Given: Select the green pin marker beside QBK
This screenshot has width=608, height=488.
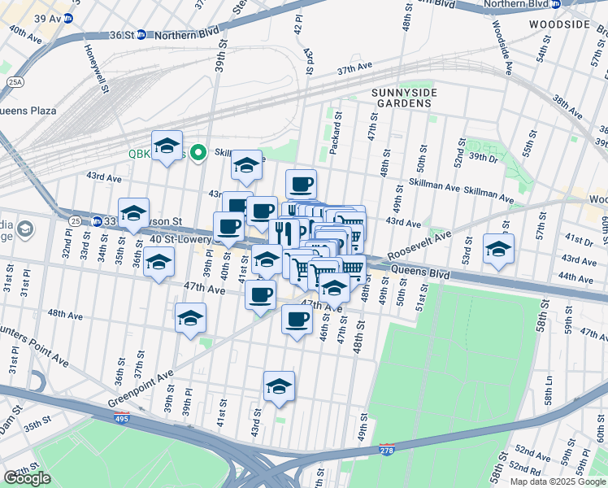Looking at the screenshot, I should (196, 153).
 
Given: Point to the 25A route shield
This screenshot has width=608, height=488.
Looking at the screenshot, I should (15, 81).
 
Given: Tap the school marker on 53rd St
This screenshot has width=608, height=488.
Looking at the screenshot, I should (497, 249).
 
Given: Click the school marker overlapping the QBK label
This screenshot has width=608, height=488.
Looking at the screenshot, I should (167, 146).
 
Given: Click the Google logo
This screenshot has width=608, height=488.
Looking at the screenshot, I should (28, 478).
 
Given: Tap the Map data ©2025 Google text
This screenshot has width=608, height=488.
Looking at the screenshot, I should (557, 481).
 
